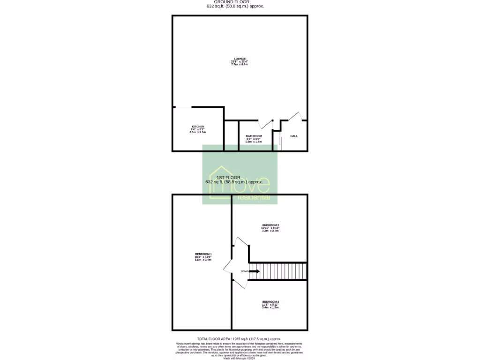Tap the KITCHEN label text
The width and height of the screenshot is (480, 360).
(x=198, y=127)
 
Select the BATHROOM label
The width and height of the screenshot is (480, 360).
(x=254, y=136)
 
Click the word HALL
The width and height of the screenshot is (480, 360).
(x=294, y=136)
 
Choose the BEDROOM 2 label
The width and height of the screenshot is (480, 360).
(x=270, y=225)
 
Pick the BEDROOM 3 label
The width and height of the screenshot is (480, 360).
(x=270, y=301)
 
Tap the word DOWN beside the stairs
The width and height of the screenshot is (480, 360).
(x=245, y=271)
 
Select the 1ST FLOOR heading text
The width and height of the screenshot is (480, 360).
(x=229, y=178)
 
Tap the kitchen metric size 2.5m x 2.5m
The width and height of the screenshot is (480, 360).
(x=198, y=133)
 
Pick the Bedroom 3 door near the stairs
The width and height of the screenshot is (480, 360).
(x=240, y=283)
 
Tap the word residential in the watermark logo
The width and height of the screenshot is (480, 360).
(x=254, y=197)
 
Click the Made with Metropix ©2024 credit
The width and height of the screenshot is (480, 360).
(x=240, y=358)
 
